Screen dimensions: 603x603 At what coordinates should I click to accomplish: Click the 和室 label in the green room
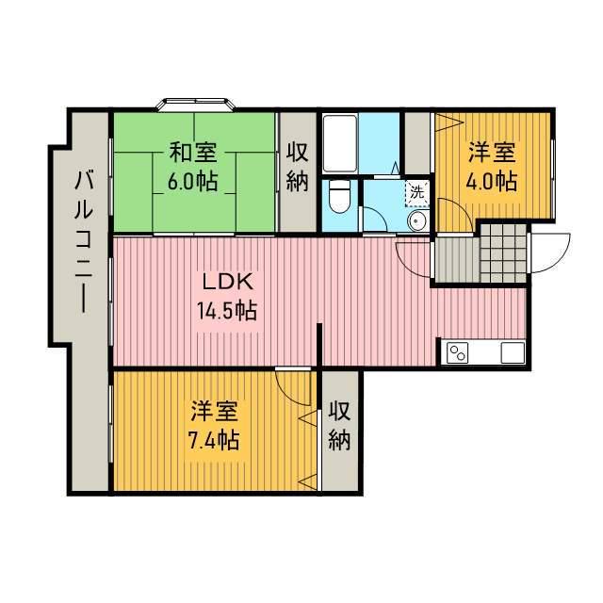click(x=193, y=153)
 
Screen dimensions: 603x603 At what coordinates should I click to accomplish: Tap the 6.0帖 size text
click(x=192, y=181)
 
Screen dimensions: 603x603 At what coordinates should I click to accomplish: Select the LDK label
click(x=228, y=283)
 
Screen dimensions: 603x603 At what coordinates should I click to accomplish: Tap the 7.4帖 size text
click(x=214, y=440)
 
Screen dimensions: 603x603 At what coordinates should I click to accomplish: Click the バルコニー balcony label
click(x=84, y=242)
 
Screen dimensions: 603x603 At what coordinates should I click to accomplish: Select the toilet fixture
click(x=340, y=197)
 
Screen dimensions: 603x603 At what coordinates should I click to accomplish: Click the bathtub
click(x=340, y=143)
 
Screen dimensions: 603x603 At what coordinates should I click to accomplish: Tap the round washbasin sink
click(x=418, y=220)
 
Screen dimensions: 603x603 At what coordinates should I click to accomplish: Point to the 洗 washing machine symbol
click(x=416, y=192)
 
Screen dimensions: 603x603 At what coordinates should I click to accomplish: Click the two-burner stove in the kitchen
click(x=457, y=352)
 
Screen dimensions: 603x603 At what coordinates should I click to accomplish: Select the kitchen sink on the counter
click(x=513, y=352)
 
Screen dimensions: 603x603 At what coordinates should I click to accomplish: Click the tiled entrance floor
click(x=503, y=253)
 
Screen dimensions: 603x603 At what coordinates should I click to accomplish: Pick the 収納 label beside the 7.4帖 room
click(x=339, y=426)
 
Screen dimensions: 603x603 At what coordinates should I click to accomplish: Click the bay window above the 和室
click(x=196, y=105)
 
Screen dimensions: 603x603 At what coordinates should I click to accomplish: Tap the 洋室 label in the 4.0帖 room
click(x=492, y=153)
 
